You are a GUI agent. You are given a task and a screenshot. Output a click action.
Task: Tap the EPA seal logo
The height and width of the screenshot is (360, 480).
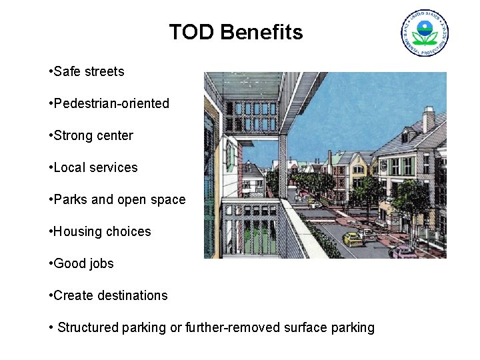pos(424,33)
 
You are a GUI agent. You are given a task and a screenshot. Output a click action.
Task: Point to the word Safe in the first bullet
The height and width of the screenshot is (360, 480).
pos(67,71)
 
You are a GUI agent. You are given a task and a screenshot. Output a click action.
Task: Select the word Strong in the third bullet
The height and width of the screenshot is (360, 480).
pos(74,135)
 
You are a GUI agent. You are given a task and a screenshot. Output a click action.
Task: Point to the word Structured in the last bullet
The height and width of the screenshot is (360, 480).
pos(88,327)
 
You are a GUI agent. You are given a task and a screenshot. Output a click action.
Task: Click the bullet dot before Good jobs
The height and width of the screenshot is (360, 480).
pos(51,263)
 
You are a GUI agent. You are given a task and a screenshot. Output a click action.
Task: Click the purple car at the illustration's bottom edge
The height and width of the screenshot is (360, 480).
pos(403,253)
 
